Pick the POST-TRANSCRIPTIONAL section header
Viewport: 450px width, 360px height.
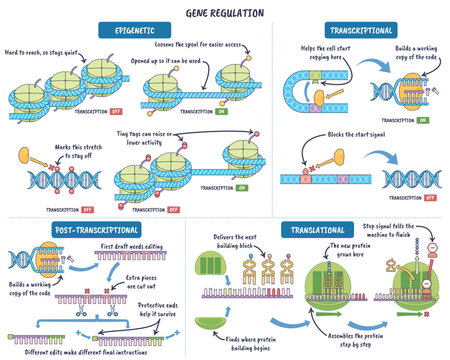(x=71, y=230)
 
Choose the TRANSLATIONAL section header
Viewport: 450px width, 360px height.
(x=321, y=230)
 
